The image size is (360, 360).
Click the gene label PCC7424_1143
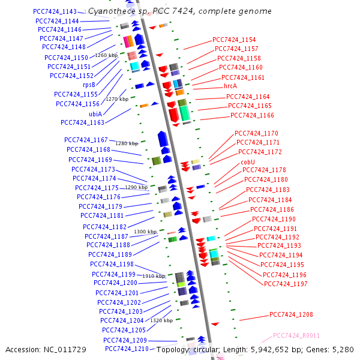point(55,12)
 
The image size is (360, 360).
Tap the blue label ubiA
point(95,113)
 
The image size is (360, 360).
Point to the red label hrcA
point(230,86)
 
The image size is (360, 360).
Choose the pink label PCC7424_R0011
point(296,336)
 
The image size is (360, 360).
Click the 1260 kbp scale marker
point(106,55)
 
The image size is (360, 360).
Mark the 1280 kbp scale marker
point(127,144)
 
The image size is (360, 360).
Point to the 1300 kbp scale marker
point(145,232)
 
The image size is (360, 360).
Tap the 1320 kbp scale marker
point(161,320)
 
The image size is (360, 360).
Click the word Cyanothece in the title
point(110,11)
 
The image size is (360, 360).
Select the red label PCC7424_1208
point(291,314)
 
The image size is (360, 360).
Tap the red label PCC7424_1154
point(234,40)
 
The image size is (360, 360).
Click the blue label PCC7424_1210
point(127,349)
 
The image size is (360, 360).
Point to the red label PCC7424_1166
point(252,115)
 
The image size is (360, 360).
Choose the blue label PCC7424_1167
point(86,140)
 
